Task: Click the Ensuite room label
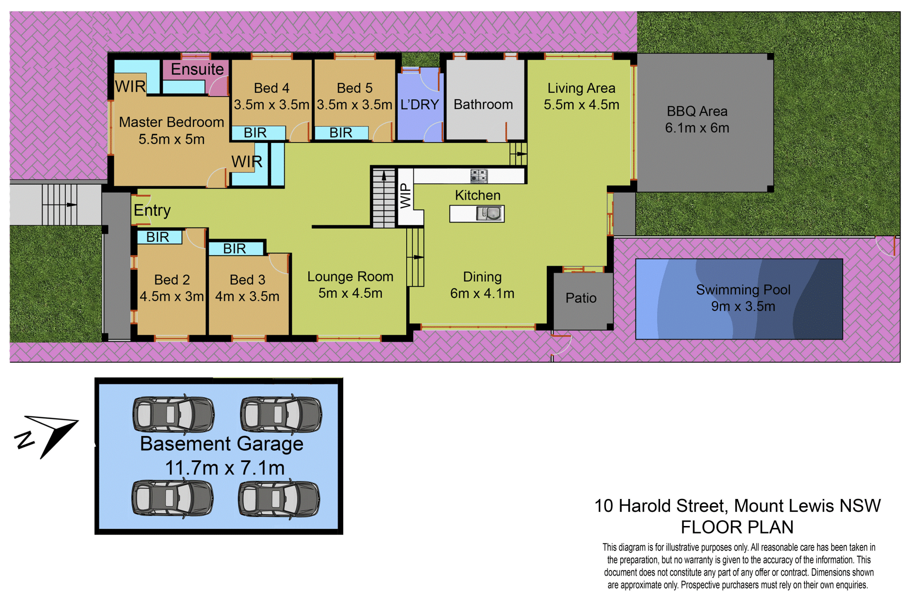pos(197,70)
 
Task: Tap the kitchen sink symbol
pos(490,214)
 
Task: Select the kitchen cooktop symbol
pos(479,176)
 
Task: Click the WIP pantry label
pos(406,196)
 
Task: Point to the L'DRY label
pos(419,105)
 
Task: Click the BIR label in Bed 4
pos(255,133)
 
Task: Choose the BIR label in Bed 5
pos(341,133)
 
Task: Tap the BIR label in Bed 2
pos(158,237)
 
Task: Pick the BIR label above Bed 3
pos(234,249)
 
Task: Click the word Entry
pos(152,210)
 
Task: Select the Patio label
pos(581,298)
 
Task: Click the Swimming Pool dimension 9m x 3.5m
pos(743,306)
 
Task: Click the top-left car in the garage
pos(173,415)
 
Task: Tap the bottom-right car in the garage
pos(279,499)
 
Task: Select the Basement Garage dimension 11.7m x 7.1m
pos(225,468)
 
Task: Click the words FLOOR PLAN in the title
pos(737,527)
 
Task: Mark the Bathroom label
pos(483,105)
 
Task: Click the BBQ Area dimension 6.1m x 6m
pos(697,128)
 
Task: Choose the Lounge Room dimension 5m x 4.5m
pos(350,293)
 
